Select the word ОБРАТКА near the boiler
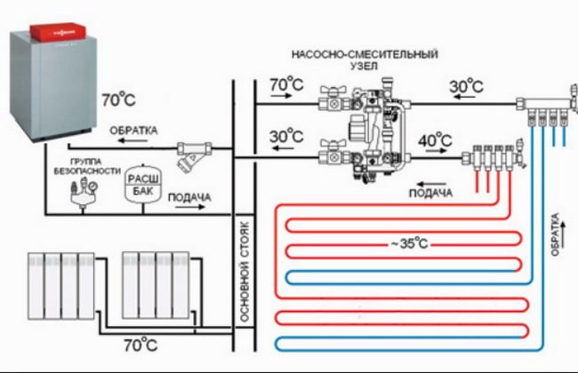(x=133, y=131)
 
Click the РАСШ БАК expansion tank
(x=140, y=178)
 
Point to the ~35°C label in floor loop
(x=409, y=243)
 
